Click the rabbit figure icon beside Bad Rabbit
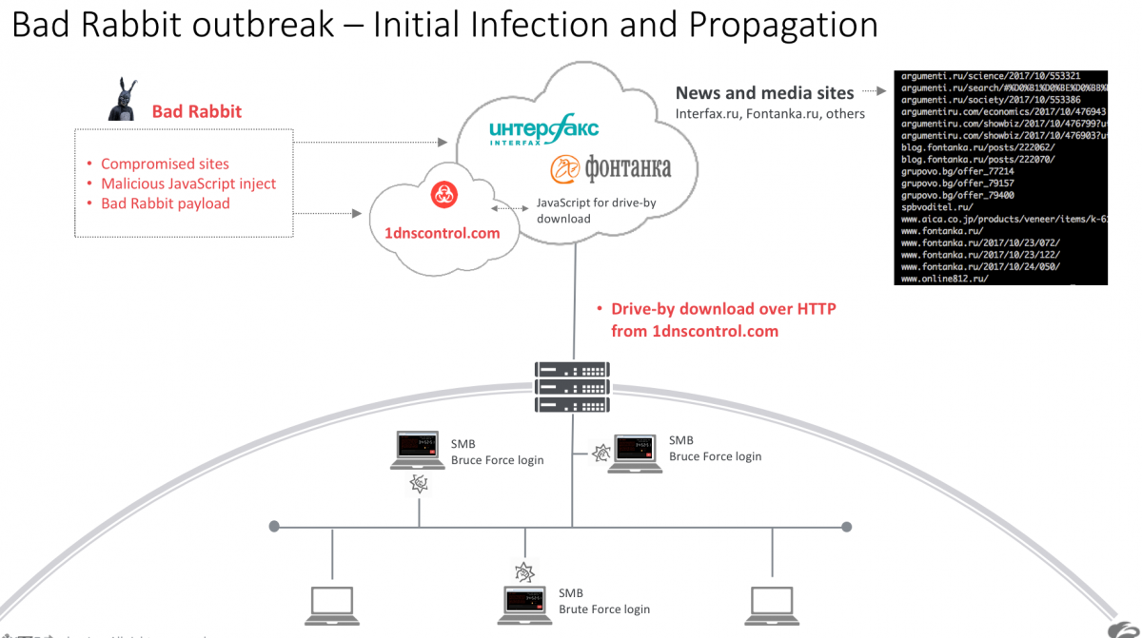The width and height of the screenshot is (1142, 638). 120,100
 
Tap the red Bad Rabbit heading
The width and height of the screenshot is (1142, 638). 197,111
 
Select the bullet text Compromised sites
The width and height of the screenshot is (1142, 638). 165,164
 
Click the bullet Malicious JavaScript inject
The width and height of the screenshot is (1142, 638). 188,184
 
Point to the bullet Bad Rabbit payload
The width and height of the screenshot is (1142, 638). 166,203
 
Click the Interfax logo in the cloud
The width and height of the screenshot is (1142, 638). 542,132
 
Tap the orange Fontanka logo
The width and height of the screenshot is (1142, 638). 610,169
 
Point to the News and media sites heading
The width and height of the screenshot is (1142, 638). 764,92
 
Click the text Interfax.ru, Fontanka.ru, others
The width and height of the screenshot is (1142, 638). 770,114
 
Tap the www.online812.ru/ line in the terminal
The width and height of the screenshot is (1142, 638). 944,279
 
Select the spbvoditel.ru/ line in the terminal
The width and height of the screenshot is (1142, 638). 936,205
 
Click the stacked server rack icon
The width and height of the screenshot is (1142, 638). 572,386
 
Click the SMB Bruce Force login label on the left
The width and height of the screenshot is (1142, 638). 497,453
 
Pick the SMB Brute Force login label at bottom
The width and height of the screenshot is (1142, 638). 603,601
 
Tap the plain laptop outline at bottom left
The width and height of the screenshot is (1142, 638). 332,603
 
